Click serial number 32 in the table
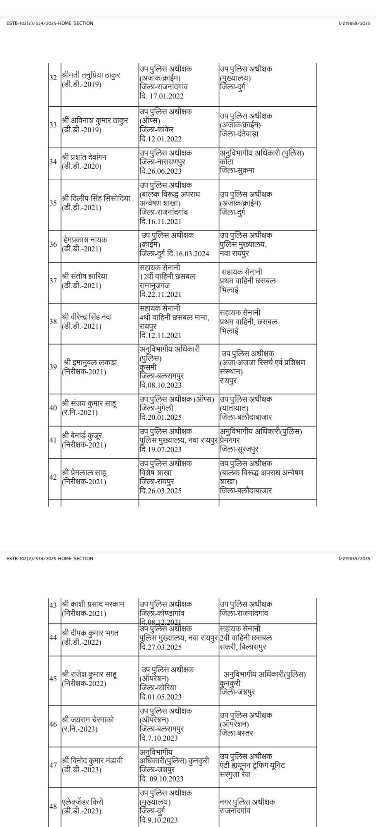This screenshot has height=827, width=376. point(53,78)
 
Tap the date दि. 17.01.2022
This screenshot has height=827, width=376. point(161,96)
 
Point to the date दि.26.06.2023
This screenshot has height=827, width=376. point(160,171)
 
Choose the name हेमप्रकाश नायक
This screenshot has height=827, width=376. point(86,239)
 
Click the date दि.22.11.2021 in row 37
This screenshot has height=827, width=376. point(160,294)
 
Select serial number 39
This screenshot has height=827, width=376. point(53,367)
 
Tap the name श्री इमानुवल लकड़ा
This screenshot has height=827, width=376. point(90,362)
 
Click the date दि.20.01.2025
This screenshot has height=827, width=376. point(160,418)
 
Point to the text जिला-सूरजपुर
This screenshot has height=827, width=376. point(239,449)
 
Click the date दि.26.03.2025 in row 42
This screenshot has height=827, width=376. point(160,491)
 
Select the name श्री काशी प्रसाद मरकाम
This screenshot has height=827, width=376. point(93,604)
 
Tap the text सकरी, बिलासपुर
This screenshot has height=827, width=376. point(243,647)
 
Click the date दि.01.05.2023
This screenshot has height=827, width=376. point(160,697)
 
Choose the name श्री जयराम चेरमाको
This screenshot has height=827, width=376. point(88,719)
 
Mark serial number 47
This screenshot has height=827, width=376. point(53,765)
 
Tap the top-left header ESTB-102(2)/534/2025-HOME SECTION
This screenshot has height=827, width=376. point(50,24)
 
